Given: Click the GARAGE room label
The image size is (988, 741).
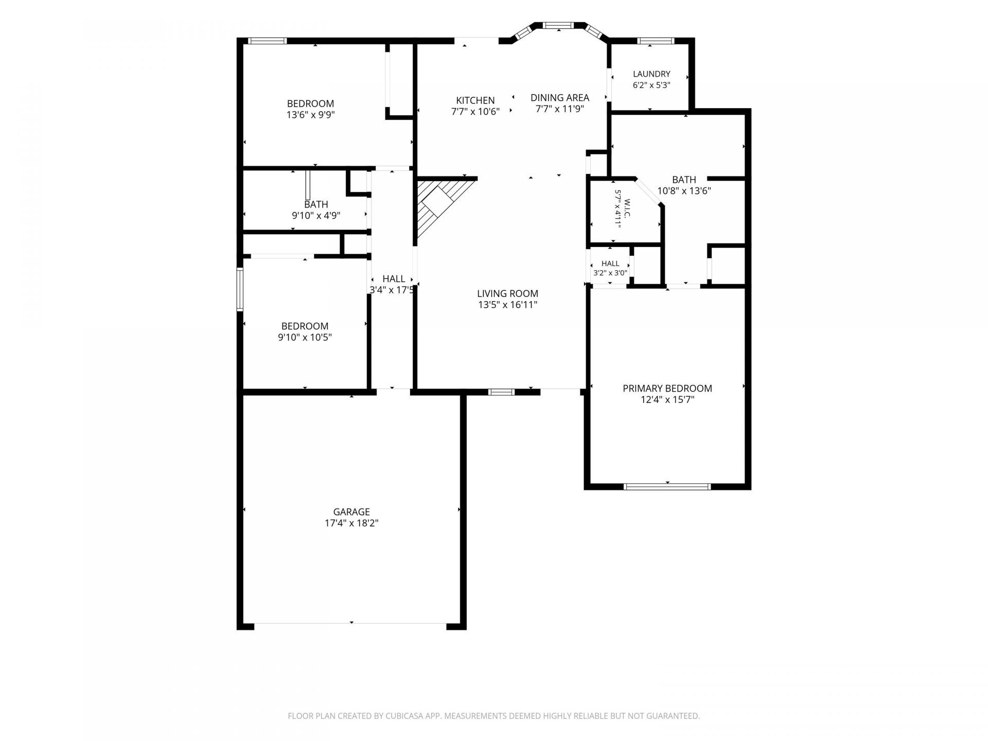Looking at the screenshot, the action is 351,512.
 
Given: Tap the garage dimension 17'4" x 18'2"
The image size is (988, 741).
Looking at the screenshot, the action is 351,523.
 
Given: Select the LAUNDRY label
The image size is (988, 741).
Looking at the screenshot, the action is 651,74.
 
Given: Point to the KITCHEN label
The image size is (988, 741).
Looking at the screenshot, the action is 475,100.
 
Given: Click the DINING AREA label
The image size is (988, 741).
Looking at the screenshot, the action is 560,97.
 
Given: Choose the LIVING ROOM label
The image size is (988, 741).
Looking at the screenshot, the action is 507,294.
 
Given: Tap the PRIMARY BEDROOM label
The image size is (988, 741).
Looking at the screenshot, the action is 667,389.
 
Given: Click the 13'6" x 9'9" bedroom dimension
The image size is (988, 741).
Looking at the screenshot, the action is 311,115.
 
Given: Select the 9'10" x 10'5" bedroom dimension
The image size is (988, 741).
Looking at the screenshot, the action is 305,338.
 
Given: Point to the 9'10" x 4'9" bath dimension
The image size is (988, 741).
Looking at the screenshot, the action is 316,216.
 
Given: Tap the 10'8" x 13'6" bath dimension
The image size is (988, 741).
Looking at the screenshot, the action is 684,191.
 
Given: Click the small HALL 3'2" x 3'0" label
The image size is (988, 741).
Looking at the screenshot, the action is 610,268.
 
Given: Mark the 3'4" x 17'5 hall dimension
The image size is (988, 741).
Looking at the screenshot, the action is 392,290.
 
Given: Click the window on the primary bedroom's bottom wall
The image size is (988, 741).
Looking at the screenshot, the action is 667,486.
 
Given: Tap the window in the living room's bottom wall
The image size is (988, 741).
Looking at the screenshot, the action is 501,392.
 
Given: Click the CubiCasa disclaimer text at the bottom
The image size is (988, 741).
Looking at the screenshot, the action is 494,716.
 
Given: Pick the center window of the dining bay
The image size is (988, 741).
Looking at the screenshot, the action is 558,25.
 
